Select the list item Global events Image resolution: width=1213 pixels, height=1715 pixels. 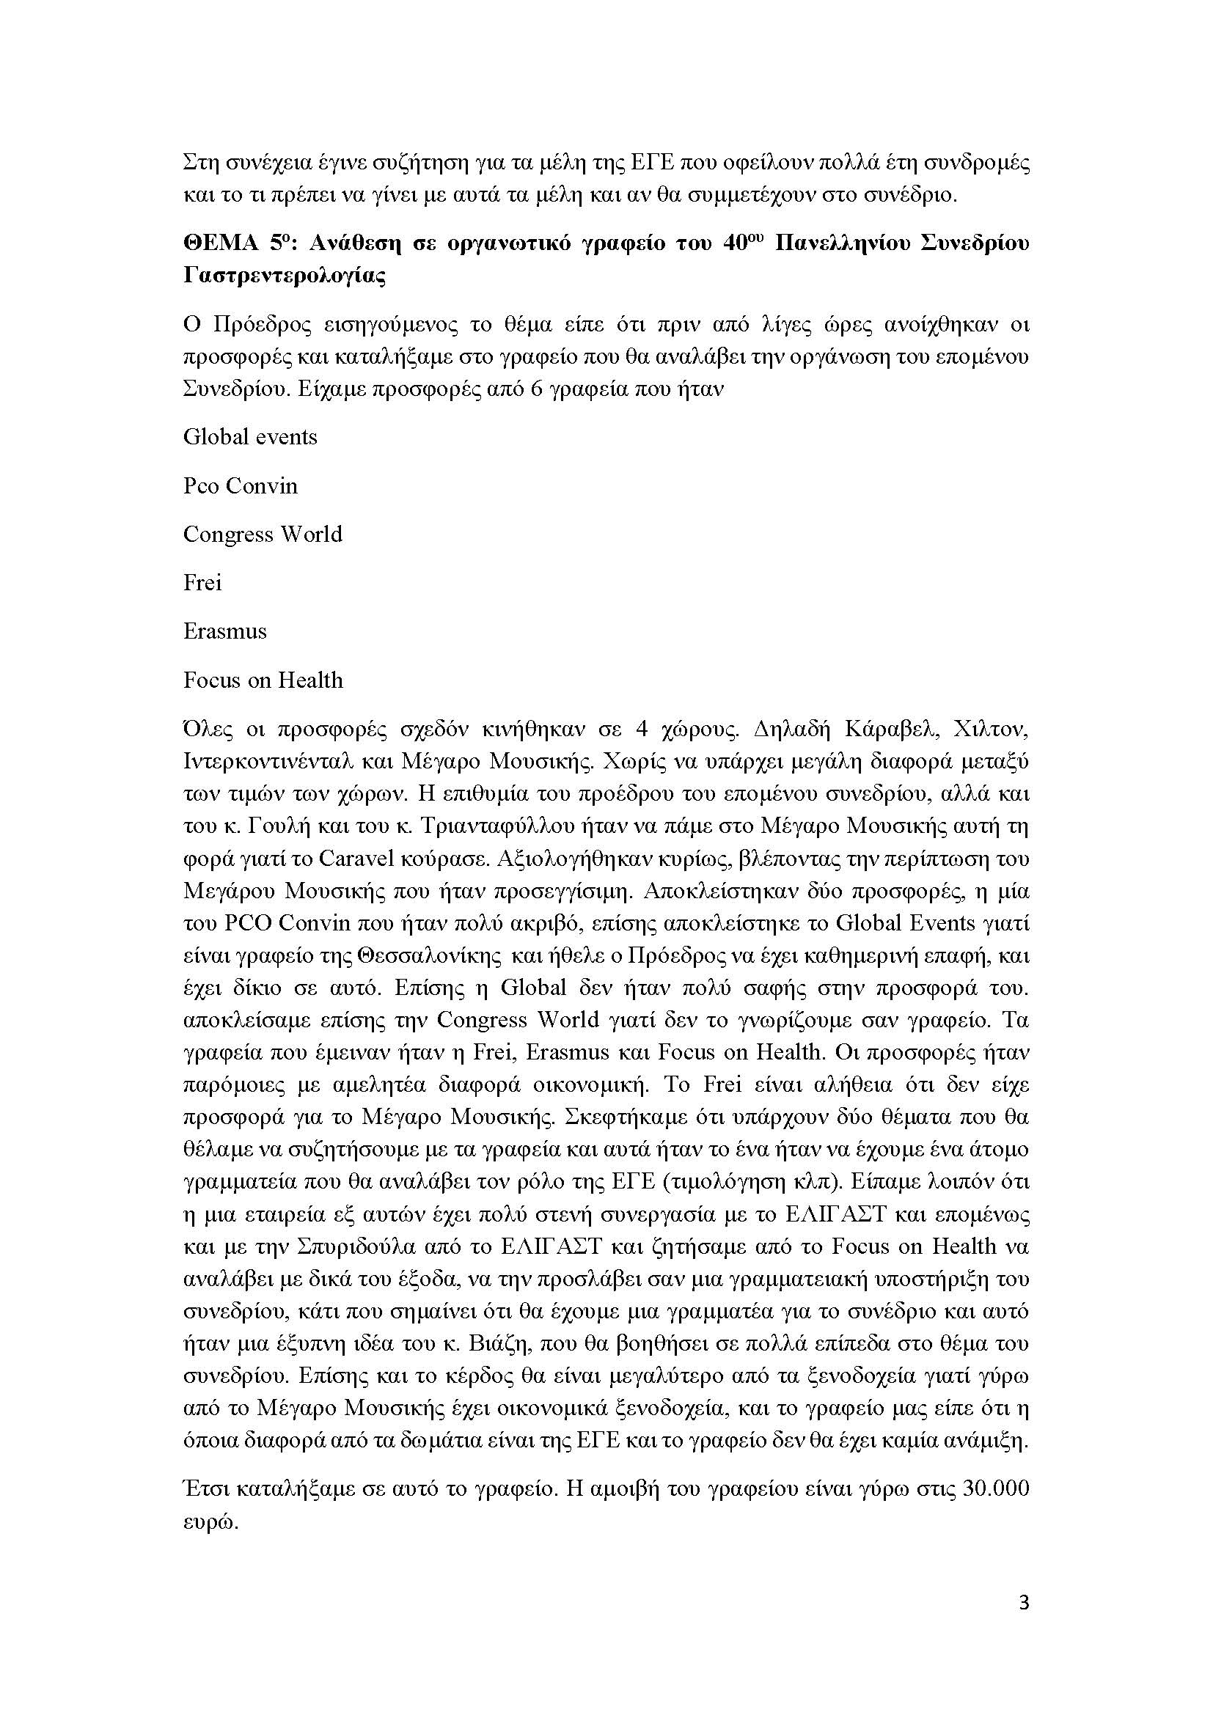250,437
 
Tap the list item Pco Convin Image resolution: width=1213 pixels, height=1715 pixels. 241,486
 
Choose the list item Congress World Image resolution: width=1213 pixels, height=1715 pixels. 263,535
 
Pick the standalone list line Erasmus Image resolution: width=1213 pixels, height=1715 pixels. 225,631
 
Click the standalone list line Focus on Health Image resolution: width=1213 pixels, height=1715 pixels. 263,680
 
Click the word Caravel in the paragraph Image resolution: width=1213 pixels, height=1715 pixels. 356,859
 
